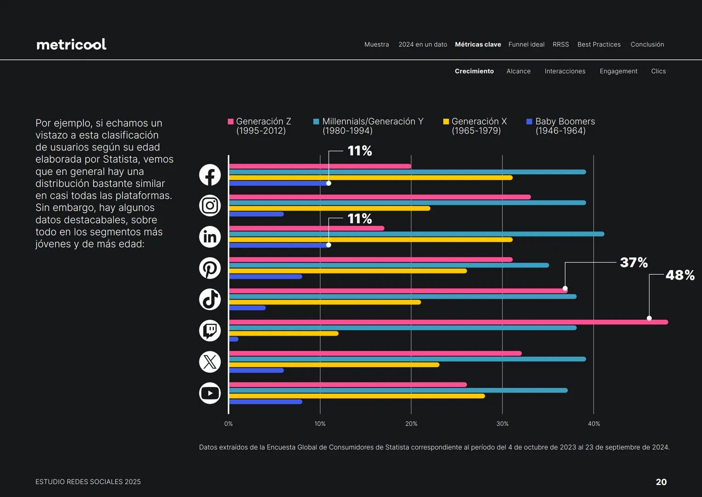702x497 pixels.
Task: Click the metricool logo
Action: [x=71, y=44]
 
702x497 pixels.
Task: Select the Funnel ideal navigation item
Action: [x=526, y=45]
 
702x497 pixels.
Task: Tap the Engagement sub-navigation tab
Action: [x=618, y=71]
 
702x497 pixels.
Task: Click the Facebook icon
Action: [x=210, y=175]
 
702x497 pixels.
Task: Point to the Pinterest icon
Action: [x=210, y=268]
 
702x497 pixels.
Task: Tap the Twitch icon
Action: [x=210, y=330]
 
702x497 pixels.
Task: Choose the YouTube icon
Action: [x=210, y=393]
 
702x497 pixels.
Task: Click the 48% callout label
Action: [x=679, y=275]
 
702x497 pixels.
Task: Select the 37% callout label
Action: [x=634, y=263]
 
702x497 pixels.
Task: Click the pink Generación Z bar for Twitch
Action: [x=448, y=322]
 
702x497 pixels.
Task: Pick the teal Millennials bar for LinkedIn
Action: [x=416, y=234]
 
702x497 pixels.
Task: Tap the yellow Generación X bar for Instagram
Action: [x=329, y=208]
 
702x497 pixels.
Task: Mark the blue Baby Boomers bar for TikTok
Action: [x=247, y=308]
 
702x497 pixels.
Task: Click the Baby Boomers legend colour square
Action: [x=529, y=121]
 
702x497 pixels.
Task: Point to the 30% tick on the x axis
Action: [x=502, y=424]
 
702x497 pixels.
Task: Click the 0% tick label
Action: [x=228, y=424]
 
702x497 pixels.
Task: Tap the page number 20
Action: [x=661, y=482]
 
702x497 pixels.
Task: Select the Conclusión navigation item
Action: [x=647, y=45]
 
